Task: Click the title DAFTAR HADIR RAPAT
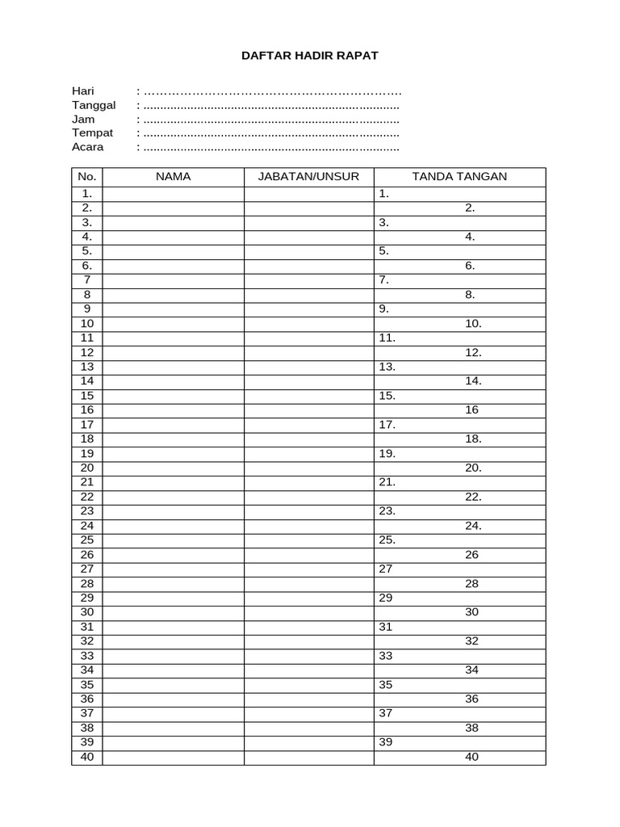[310, 56]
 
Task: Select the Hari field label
[83, 90]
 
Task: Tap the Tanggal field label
[94, 105]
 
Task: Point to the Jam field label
[83, 119]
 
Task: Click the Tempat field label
[93, 132]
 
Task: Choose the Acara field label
[88, 147]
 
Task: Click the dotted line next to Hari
[271, 91]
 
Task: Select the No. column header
[87, 177]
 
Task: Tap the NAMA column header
[173, 177]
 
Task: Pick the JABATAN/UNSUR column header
[308, 177]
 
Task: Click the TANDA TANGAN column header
[459, 177]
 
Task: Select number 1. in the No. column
[87, 194]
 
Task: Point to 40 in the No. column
[87, 758]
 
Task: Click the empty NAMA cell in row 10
[173, 324]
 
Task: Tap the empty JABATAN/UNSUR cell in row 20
[308, 468]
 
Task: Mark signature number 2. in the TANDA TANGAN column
[470, 208]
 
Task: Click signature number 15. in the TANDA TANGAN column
[387, 396]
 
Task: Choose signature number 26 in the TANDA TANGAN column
[472, 555]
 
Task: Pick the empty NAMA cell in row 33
[173, 656]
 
